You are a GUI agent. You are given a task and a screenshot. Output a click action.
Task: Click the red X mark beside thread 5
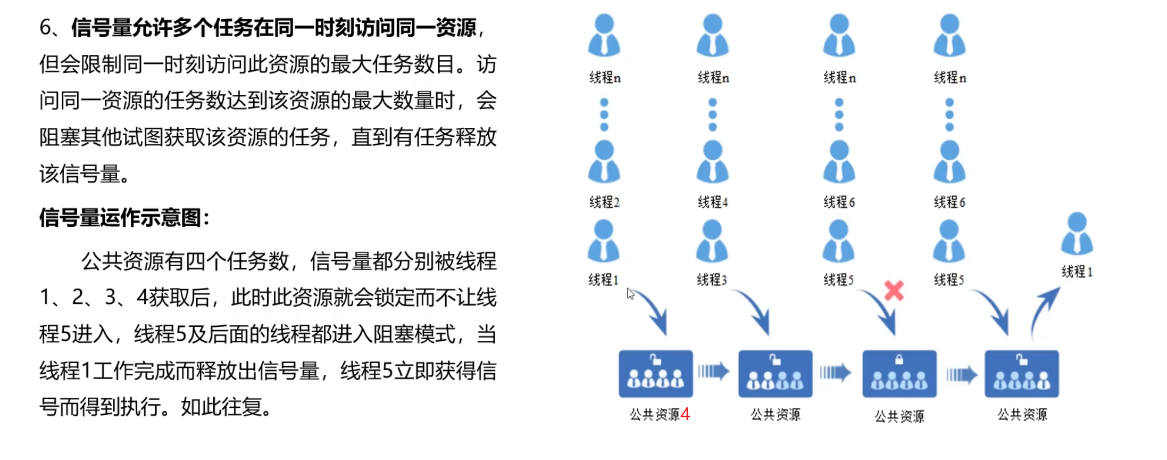coord(894,291)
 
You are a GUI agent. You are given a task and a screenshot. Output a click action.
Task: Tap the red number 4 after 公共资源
coord(685,414)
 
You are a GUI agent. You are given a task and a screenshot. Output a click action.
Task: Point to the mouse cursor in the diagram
coord(630,293)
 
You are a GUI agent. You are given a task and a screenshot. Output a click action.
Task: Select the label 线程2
coord(604,202)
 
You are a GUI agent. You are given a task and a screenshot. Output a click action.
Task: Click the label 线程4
coord(713,202)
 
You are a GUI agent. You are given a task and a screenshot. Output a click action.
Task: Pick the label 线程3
coord(712,280)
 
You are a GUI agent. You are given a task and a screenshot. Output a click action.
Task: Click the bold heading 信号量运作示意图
coord(124,218)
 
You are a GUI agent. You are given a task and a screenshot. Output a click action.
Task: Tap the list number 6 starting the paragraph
coord(46,27)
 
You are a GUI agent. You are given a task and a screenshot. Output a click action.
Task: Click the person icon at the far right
coord(1077,234)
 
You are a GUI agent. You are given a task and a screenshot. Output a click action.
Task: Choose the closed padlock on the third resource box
coord(899,360)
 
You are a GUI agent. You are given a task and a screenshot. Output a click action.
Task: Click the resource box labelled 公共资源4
coord(655,374)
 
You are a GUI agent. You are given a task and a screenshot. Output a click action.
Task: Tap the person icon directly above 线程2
coord(604,162)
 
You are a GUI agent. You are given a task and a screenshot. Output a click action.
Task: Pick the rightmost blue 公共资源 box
coord(1021,374)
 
